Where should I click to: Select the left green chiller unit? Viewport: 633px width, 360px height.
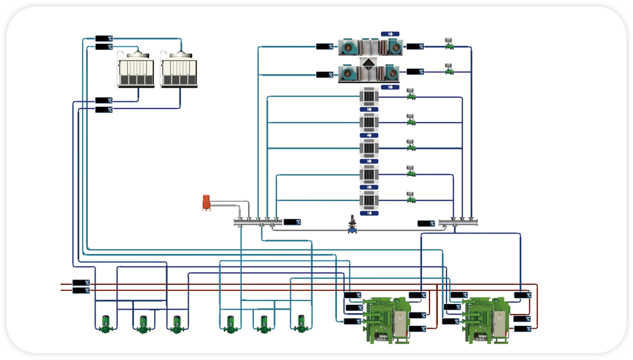click(x=387, y=319)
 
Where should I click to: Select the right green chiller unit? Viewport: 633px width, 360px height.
click(x=487, y=319)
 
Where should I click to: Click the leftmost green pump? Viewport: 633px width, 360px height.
click(x=105, y=323)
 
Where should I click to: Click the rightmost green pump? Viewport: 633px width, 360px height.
click(x=301, y=323)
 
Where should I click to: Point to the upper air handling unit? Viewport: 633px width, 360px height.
click(x=370, y=46)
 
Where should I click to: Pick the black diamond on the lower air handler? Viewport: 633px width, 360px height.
click(x=369, y=64)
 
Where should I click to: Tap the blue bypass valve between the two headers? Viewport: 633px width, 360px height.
click(x=353, y=225)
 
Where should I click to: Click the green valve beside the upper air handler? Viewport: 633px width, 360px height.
click(x=448, y=44)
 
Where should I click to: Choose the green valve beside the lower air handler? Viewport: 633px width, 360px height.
click(x=448, y=69)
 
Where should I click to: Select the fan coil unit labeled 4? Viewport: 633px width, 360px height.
click(x=369, y=122)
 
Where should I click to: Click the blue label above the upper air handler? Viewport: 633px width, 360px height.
click(x=390, y=34)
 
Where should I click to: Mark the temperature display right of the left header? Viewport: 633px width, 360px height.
click(x=292, y=222)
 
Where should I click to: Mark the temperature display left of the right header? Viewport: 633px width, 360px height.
click(x=426, y=224)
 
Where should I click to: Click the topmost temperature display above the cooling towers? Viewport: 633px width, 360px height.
click(x=104, y=39)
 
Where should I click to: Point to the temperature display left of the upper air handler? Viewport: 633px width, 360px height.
click(x=324, y=46)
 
